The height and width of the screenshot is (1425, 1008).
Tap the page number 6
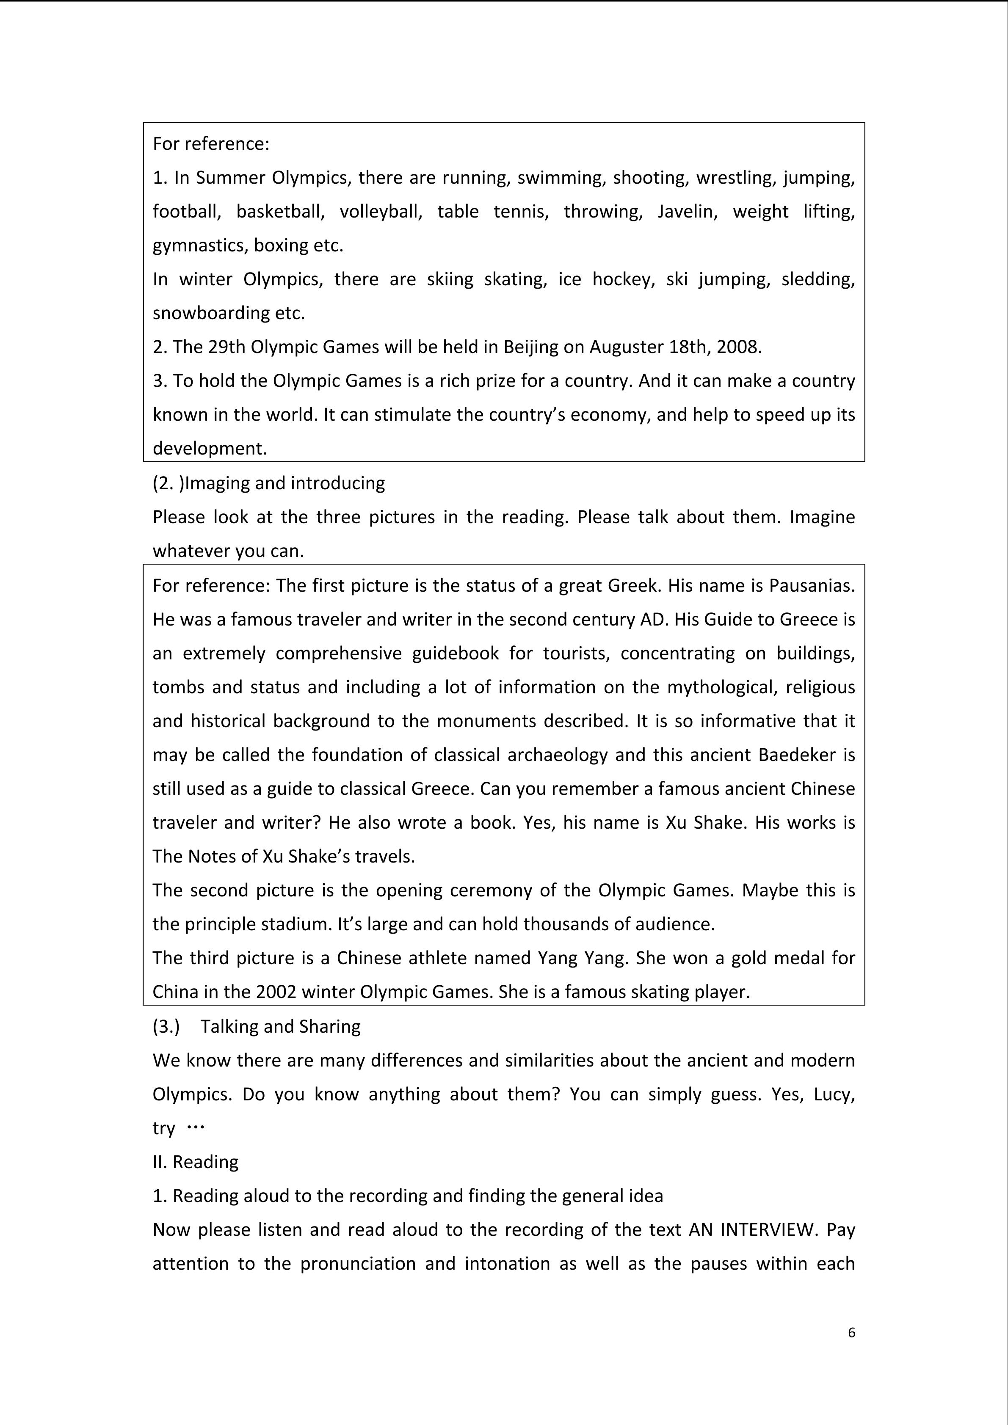[x=851, y=1332]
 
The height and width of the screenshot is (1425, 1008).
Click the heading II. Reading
[x=196, y=1162]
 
